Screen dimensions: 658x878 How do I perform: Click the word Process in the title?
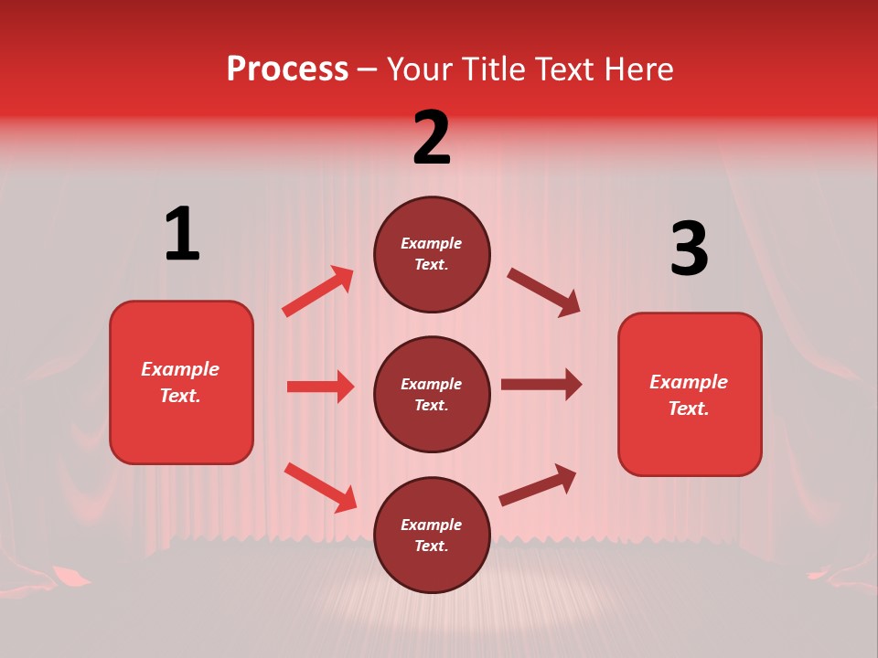point(287,69)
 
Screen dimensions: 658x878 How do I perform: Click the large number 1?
point(182,234)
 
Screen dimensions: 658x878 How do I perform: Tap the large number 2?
point(432,138)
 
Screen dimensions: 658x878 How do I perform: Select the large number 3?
point(689,249)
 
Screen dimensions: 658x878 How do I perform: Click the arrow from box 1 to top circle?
point(318,292)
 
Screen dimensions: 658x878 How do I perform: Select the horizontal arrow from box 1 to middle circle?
point(320,387)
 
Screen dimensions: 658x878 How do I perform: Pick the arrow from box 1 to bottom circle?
point(320,487)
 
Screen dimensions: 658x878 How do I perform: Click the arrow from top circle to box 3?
point(543,292)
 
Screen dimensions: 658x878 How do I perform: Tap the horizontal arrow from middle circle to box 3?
point(541,385)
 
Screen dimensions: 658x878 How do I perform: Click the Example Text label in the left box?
point(180,382)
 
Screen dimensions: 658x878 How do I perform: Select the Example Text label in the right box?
point(689,395)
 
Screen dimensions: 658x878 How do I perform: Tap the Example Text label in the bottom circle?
point(432,535)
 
